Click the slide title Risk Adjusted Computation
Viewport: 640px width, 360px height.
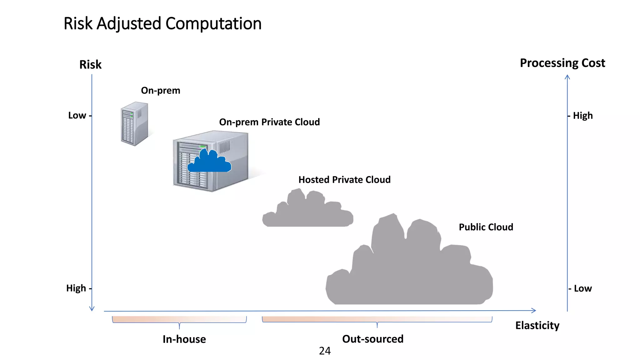coord(162,24)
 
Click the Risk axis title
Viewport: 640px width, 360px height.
coord(90,65)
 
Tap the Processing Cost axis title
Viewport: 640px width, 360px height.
coord(562,63)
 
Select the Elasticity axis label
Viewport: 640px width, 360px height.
coord(537,325)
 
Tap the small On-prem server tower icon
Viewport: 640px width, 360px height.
coord(134,124)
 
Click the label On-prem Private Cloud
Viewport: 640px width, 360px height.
coord(269,122)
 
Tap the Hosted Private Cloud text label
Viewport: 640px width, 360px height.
coord(344,180)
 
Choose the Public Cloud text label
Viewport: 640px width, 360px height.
coord(486,227)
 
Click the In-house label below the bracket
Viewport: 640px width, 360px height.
coord(184,339)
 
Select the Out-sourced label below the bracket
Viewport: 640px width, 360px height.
coord(373,339)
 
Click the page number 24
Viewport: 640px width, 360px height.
coord(325,351)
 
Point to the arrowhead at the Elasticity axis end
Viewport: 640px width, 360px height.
coord(534,310)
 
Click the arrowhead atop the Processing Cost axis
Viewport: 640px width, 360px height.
coord(567,77)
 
